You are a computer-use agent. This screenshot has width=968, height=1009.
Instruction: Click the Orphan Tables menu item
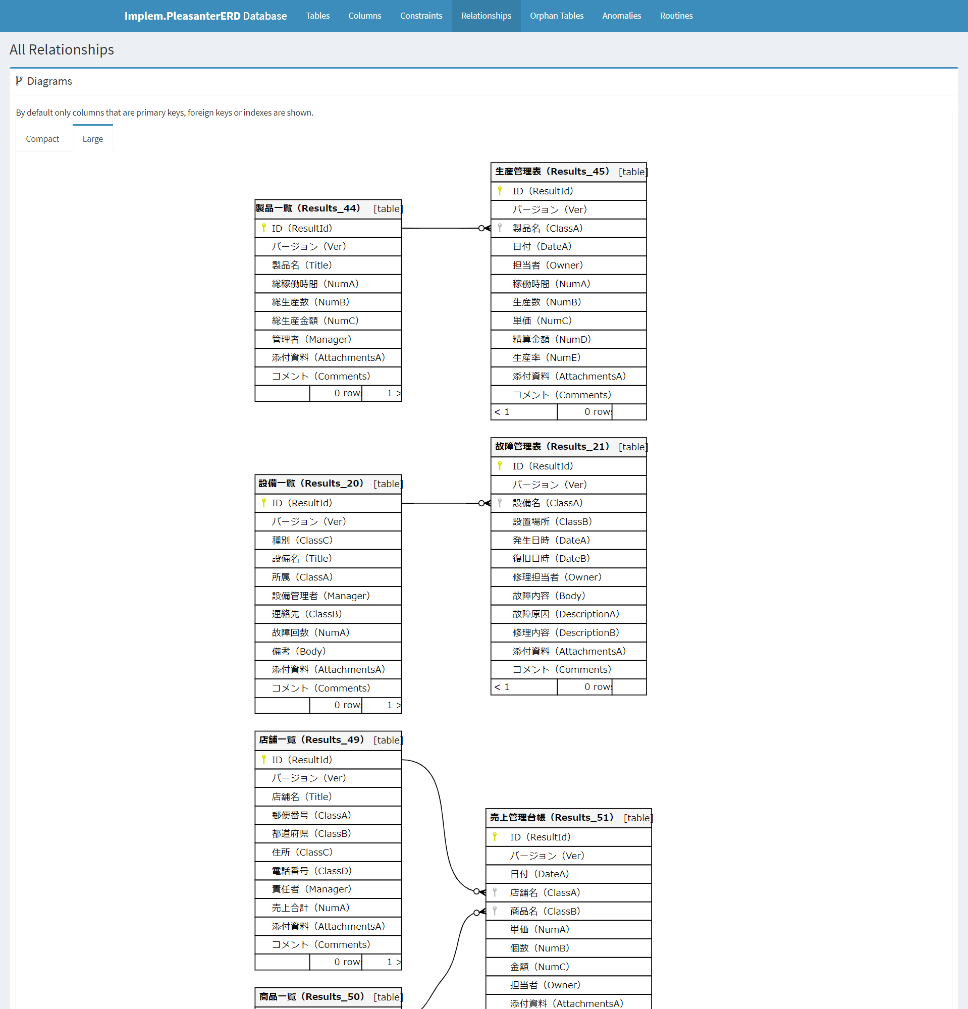(556, 16)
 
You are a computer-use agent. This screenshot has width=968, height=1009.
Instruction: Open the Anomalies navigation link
(621, 16)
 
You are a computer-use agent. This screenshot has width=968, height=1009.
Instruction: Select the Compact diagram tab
(42, 139)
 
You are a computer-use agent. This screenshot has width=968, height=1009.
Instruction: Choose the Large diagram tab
(93, 139)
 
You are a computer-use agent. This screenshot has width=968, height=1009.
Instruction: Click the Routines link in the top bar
(676, 16)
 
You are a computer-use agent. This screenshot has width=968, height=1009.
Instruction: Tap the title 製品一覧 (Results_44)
(308, 208)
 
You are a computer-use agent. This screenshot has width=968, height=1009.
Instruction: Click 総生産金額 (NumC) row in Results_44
(315, 321)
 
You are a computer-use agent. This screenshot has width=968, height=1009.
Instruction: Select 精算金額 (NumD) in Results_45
(551, 339)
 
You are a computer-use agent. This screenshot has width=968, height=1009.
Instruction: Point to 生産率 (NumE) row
(546, 358)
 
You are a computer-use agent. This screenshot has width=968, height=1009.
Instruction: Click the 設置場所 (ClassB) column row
(552, 521)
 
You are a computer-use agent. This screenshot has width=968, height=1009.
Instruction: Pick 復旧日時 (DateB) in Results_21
(551, 559)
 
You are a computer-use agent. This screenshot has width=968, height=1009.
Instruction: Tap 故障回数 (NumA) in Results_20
(310, 632)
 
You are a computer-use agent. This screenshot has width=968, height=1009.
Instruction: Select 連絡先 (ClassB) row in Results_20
(307, 614)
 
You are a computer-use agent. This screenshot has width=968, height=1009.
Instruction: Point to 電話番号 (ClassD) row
(311, 871)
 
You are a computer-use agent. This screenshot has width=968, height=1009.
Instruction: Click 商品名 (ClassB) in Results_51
(545, 911)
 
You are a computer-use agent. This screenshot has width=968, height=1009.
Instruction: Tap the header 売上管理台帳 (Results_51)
(551, 818)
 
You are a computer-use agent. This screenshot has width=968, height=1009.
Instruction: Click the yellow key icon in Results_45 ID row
(500, 191)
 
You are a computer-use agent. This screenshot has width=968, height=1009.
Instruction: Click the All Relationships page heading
(62, 49)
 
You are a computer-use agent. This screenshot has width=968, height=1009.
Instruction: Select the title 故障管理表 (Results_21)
(552, 447)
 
